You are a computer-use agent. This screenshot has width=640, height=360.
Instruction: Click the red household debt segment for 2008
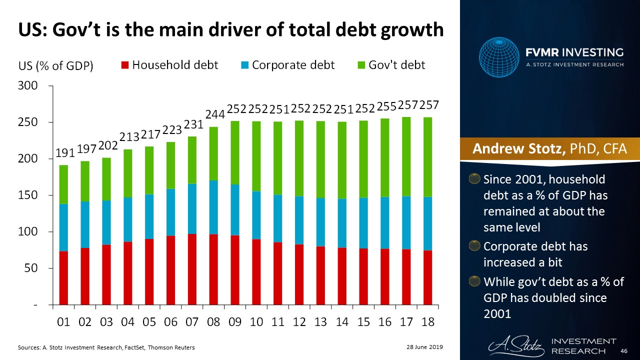[x=213, y=269]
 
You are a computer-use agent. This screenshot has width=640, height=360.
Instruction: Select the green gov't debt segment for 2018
[x=428, y=157]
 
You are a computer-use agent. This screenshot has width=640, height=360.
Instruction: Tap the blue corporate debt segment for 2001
[x=63, y=227]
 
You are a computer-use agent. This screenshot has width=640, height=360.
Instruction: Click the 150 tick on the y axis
[x=28, y=195]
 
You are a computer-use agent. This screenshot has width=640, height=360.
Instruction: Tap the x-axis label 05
[x=149, y=321]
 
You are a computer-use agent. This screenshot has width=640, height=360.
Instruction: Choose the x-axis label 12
[x=299, y=321]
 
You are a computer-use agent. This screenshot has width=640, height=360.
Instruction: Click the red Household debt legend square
[x=125, y=65]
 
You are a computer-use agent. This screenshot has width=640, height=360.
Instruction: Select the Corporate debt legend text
[x=293, y=65]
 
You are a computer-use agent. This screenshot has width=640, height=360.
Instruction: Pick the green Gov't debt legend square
[x=361, y=65]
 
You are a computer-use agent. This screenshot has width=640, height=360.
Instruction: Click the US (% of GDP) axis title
[x=56, y=66]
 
